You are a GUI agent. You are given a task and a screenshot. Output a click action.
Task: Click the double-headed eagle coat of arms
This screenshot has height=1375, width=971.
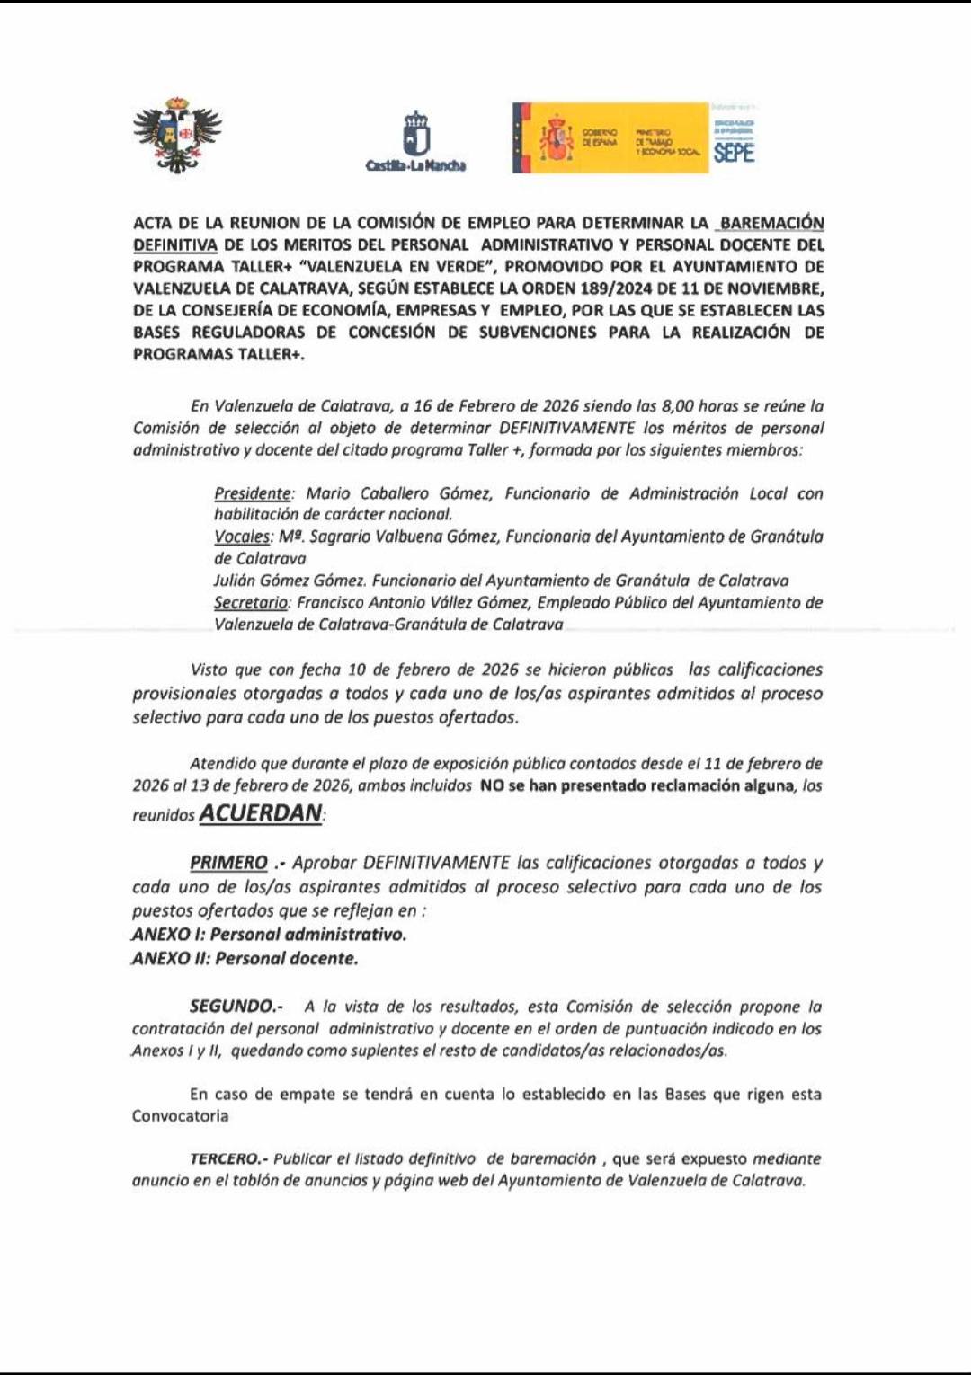[177, 135]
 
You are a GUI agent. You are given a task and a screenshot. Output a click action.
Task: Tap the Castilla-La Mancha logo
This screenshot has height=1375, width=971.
[415, 139]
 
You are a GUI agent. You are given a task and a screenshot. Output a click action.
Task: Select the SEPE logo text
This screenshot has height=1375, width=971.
[734, 153]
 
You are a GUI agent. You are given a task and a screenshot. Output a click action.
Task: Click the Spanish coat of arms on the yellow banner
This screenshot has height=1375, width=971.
[557, 138]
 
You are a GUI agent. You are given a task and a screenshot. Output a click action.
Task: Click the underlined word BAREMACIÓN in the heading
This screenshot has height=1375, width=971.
[772, 223]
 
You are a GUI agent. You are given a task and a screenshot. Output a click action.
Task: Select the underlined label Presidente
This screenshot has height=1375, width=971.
[253, 493]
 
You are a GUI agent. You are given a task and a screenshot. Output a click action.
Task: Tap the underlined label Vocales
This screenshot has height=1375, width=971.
[242, 537]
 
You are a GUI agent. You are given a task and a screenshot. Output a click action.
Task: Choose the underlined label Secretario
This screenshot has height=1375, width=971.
[251, 602]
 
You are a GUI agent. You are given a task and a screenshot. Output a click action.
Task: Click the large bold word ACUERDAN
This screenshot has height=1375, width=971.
[260, 813]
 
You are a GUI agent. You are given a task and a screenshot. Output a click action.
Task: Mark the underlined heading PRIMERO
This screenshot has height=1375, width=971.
[228, 863]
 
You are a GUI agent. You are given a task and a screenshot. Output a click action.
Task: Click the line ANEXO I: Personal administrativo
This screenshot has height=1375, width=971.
[269, 935]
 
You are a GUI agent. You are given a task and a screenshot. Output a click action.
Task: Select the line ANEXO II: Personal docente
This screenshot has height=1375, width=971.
[245, 959]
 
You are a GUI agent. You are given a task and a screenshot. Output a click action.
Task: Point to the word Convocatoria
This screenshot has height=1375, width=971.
[180, 1116]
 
